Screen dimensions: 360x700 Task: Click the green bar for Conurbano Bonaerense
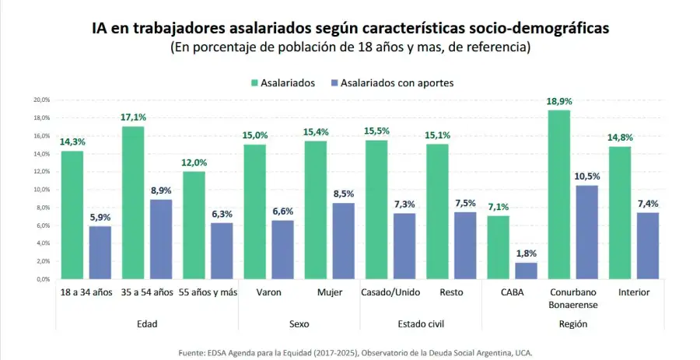pyautogui.click(x=559, y=194)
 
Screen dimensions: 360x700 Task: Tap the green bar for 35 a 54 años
pyautogui.click(x=133, y=202)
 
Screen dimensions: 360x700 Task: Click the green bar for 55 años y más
pyautogui.click(x=194, y=225)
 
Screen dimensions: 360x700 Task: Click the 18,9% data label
pyautogui.click(x=559, y=102)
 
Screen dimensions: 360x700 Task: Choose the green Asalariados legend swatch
pyautogui.click(x=254, y=82)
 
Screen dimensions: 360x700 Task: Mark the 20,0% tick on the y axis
pyautogui.click(x=40, y=100)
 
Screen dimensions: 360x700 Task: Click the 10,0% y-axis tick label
pyautogui.click(x=40, y=190)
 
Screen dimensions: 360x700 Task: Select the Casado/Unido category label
pyautogui.click(x=391, y=292)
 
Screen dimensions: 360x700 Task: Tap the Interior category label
pyautogui.click(x=635, y=292)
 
